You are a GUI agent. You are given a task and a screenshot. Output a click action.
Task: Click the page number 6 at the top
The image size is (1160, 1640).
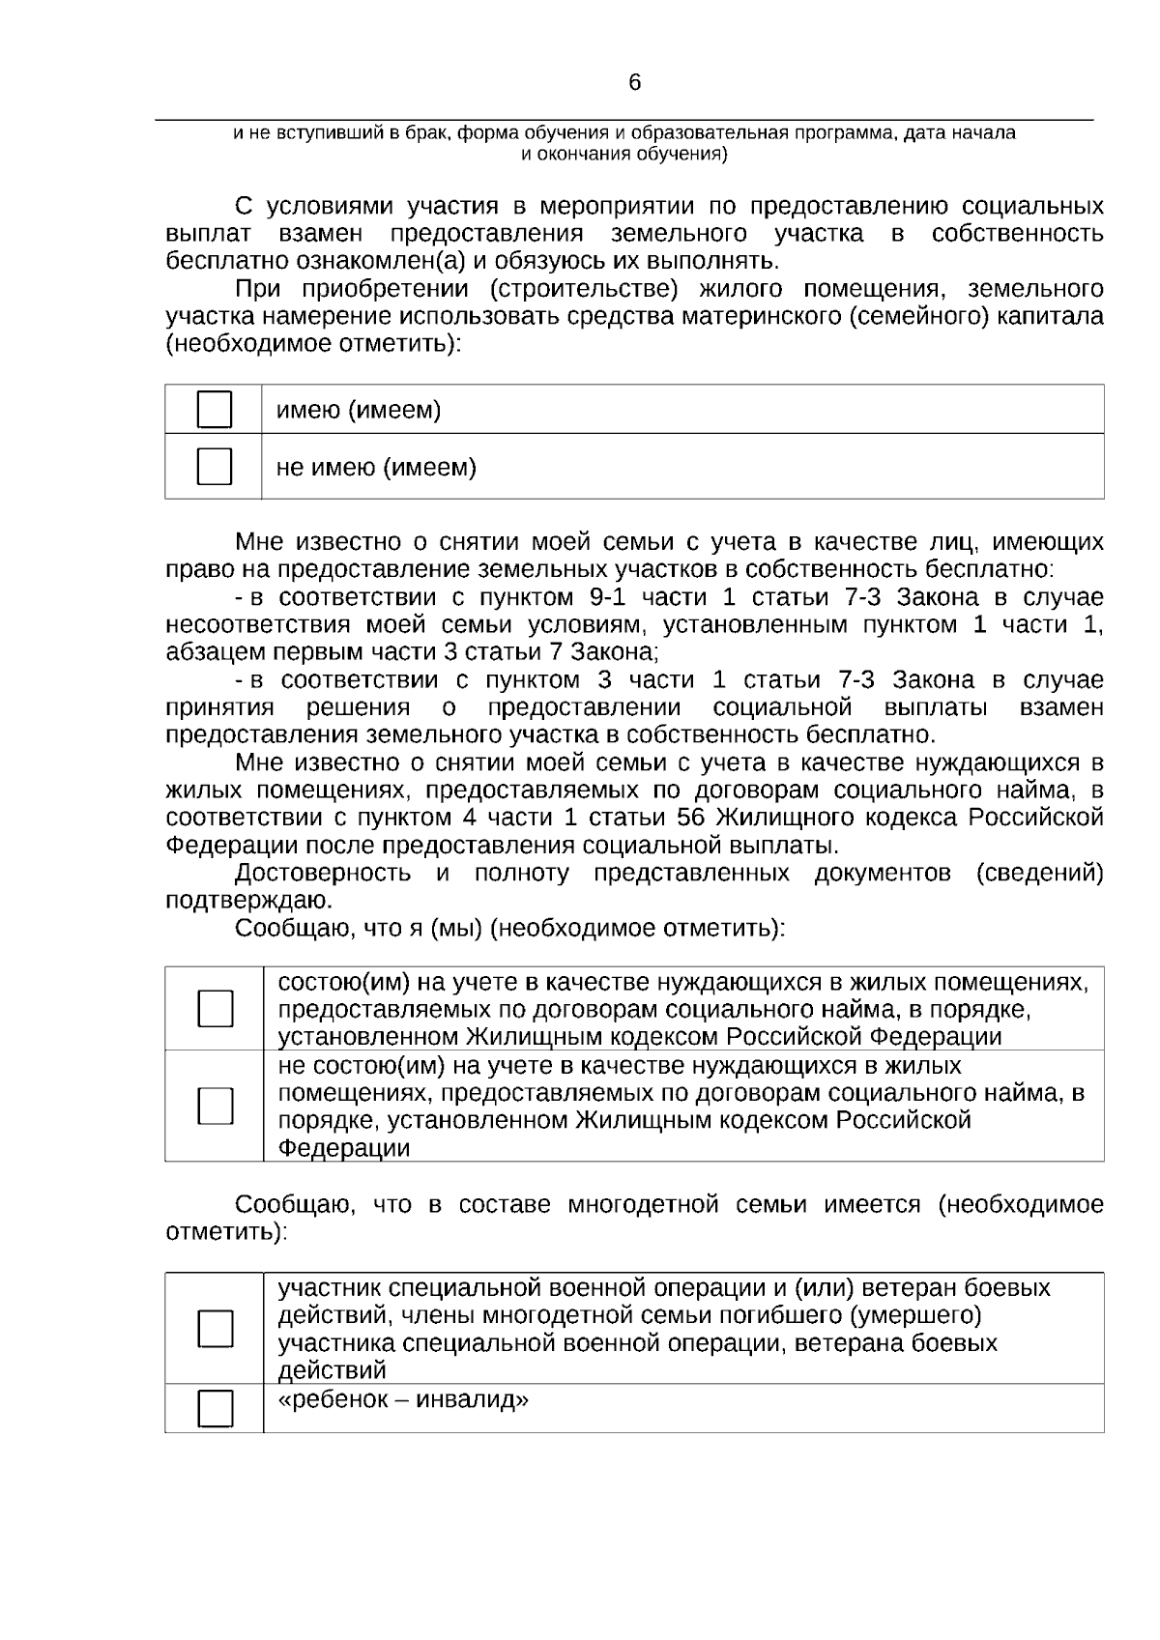click(x=634, y=83)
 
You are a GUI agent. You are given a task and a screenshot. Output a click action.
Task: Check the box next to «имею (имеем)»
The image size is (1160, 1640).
click(x=215, y=410)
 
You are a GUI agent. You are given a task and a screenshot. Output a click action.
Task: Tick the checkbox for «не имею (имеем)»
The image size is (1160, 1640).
click(x=215, y=467)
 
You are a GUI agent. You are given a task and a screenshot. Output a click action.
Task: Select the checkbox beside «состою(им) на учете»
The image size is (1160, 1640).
click(x=215, y=1008)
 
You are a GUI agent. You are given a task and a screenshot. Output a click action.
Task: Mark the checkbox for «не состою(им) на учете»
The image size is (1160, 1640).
click(x=215, y=1106)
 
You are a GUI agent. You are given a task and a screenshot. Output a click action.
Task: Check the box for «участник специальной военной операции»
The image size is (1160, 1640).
click(x=215, y=1329)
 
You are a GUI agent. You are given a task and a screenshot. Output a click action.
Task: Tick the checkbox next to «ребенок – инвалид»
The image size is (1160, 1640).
click(x=215, y=1409)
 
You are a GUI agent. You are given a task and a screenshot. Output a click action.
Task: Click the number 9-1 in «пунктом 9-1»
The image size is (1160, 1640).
click(x=607, y=596)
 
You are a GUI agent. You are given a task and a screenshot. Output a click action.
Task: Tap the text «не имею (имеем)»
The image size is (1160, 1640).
click(x=376, y=468)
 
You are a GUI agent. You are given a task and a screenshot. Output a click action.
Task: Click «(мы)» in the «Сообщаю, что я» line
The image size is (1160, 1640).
click(x=455, y=929)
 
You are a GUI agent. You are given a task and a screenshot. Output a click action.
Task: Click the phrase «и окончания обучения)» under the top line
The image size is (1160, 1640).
click(x=623, y=154)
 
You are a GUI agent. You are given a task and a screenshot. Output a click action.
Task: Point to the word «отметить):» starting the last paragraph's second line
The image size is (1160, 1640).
click(x=226, y=1233)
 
